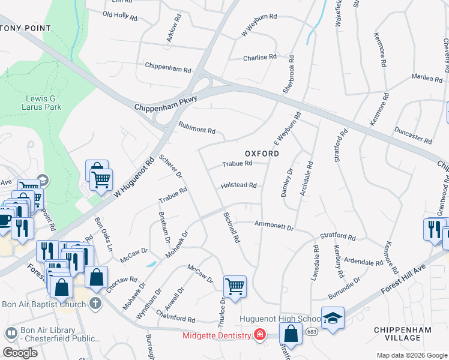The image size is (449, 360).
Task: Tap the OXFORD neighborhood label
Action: click(x=262, y=154)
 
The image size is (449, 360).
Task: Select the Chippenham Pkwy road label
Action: click(x=166, y=107)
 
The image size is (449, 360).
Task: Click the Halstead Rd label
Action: click(x=239, y=186)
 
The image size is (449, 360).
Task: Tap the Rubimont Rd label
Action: click(x=196, y=129)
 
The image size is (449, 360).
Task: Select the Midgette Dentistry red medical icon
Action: click(x=259, y=335)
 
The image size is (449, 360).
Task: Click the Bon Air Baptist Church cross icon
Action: click(x=95, y=303)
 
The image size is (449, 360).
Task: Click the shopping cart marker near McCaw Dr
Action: click(x=234, y=286)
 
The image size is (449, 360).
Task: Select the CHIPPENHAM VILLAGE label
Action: click(x=402, y=334)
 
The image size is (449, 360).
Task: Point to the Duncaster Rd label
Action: click(x=413, y=136)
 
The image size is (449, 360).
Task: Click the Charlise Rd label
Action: click(x=260, y=58)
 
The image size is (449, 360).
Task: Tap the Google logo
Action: click(x=20, y=353)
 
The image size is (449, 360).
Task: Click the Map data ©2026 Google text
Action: click(x=411, y=355)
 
